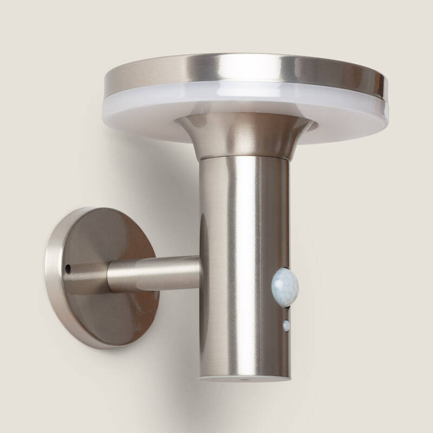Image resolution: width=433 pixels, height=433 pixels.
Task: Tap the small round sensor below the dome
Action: point(286,325)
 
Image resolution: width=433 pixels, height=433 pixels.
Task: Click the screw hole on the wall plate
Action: point(68,268)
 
